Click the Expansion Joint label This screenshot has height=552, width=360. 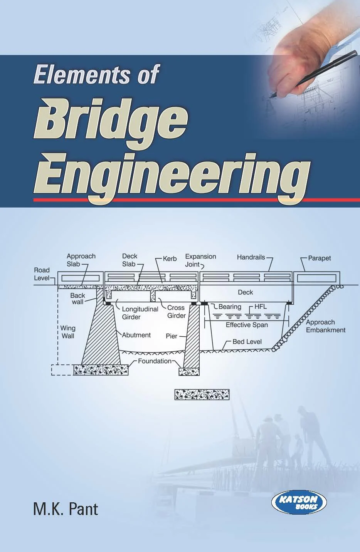click(200, 260)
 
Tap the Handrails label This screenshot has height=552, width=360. click(251, 257)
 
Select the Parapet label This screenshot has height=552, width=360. click(319, 258)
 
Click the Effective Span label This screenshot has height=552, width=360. click(247, 325)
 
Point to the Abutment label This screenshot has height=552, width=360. click(136, 335)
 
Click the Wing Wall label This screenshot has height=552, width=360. click(68, 332)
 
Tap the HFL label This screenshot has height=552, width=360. click(261, 307)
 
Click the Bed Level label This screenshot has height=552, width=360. click(247, 342)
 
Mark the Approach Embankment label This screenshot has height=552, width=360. click(326, 326)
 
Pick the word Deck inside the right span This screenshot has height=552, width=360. click(246, 292)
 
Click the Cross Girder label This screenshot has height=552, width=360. click(176, 312)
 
